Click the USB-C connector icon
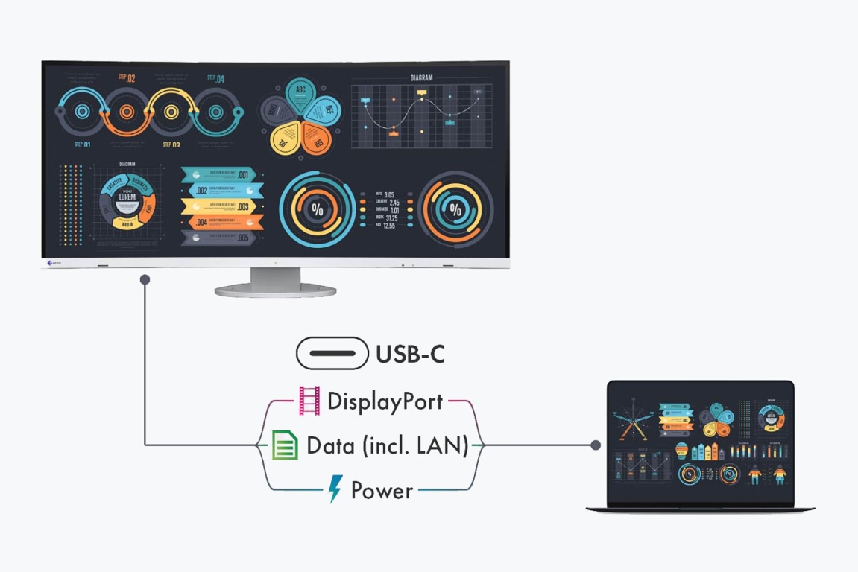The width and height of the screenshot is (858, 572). click(332, 353)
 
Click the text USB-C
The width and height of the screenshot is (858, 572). click(410, 355)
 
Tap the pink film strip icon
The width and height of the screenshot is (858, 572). click(309, 401)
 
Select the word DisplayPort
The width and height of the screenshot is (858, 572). click(385, 402)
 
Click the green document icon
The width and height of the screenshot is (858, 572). click(284, 445)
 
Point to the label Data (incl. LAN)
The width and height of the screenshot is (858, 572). click(388, 446)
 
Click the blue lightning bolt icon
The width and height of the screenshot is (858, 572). click(336, 489)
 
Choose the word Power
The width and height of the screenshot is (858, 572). click(382, 491)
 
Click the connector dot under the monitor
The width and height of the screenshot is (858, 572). click(145, 279)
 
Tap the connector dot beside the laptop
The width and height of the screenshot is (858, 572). click(596, 445)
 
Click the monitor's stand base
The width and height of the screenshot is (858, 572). click(276, 290)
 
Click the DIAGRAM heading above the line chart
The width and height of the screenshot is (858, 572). click(421, 77)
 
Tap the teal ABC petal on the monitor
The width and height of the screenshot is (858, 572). click(300, 93)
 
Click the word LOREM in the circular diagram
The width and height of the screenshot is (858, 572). click(127, 197)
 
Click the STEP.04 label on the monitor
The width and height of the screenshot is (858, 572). click(215, 77)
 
